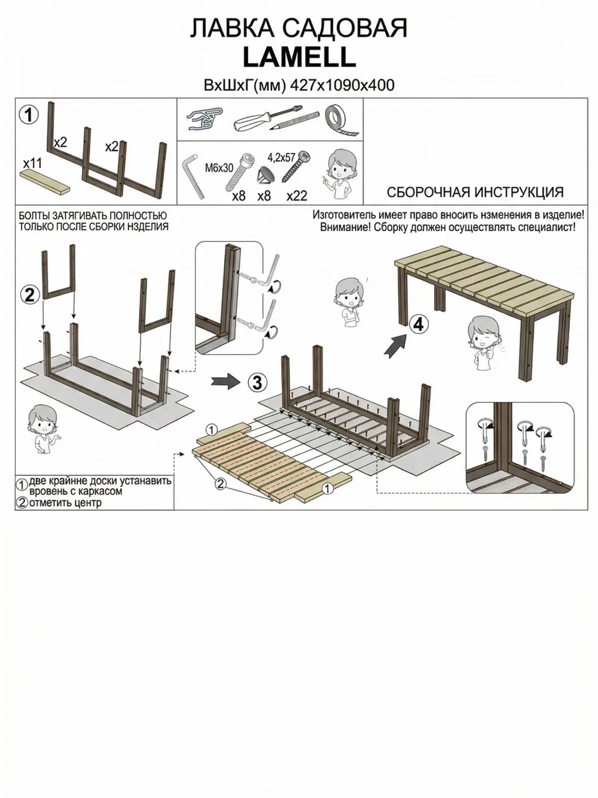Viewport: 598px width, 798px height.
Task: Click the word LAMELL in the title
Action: click(x=299, y=57)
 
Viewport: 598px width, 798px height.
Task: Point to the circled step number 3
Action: click(x=257, y=383)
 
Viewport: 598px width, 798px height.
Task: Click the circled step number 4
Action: click(x=418, y=324)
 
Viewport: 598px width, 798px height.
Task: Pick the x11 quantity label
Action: click(x=32, y=163)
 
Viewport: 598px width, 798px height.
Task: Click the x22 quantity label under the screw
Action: click(x=297, y=196)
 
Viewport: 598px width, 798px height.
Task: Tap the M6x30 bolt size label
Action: click(x=219, y=168)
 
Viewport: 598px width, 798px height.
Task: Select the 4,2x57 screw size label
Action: click(x=282, y=157)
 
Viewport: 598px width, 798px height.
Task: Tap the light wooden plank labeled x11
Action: click(x=45, y=180)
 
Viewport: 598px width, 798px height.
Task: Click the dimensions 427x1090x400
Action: click(x=343, y=85)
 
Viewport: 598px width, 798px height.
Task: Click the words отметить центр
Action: click(x=65, y=503)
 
